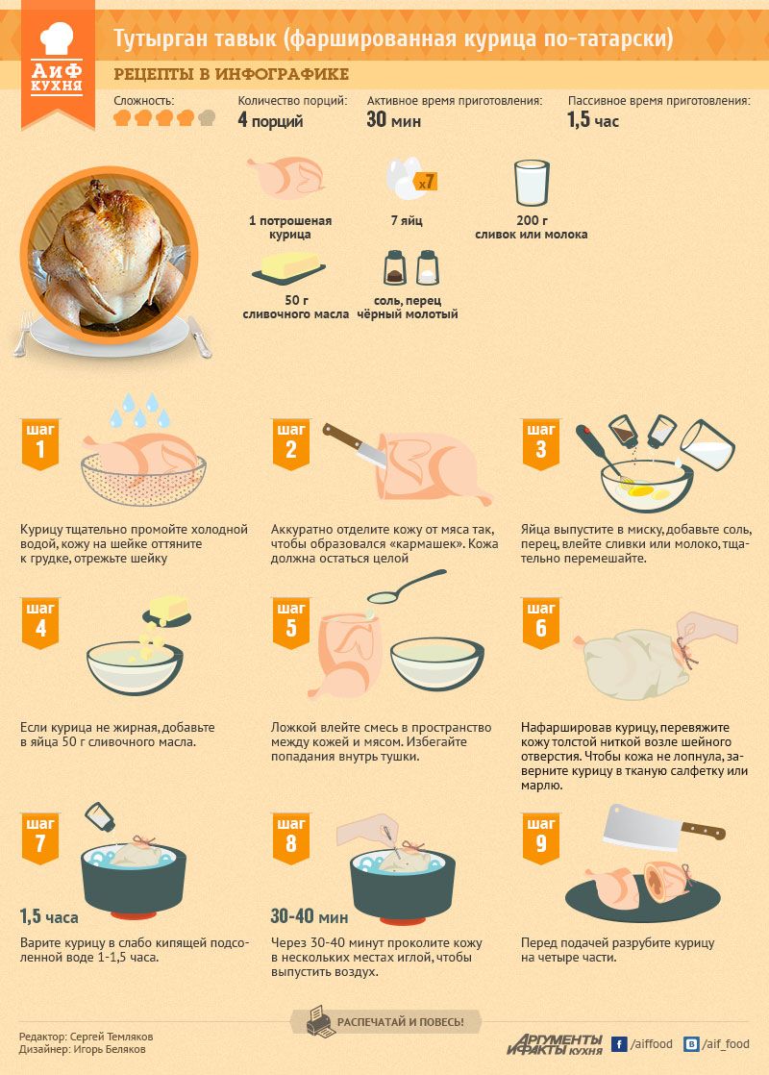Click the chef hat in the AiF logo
(x=57, y=38)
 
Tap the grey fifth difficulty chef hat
(x=207, y=118)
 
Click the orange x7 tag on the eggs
(x=425, y=182)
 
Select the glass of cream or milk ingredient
(x=532, y=183)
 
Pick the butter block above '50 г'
(x=288, y=267)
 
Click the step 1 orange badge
(x=40, y=443)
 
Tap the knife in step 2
(x=355, y=445)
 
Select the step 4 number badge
(x=40, y=623)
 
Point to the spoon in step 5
(x=406, y=587)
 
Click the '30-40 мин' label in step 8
(x=310, y=916)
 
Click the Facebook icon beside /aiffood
(x=619, y=1044)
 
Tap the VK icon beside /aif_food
(x=691, y=1044)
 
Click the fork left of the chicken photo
(x=23, y=334)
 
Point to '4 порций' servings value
(x=270, y=120)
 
